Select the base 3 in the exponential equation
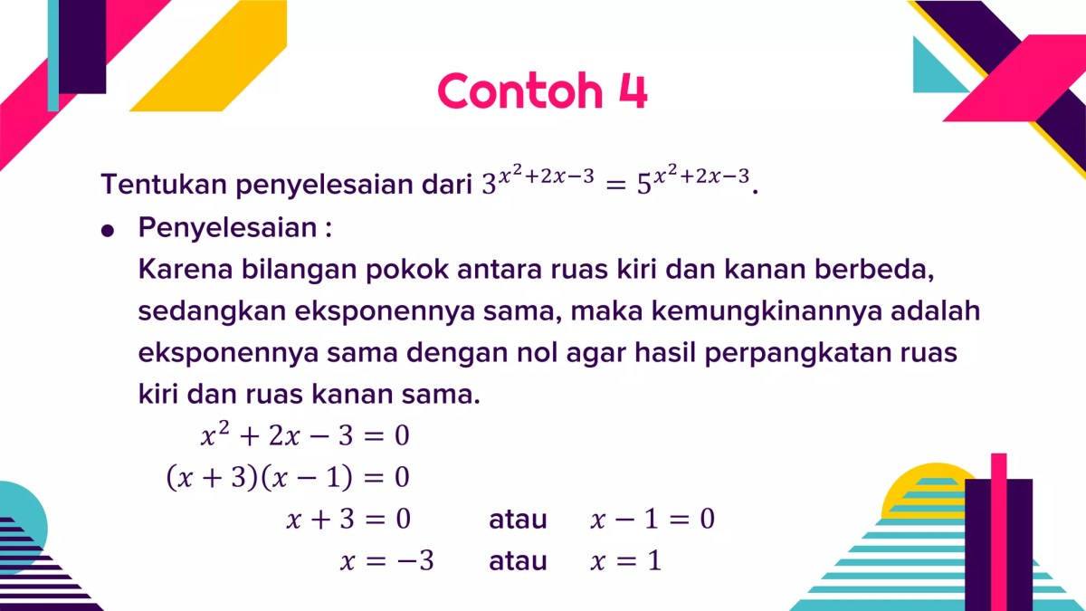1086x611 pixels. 489,186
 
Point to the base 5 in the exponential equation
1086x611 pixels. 643,186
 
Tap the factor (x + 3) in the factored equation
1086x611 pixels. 212,478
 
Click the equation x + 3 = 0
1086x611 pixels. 348,520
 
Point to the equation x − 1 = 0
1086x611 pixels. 653,520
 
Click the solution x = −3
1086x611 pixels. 387,561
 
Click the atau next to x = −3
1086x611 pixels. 518,561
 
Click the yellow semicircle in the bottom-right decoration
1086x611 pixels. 914,493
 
